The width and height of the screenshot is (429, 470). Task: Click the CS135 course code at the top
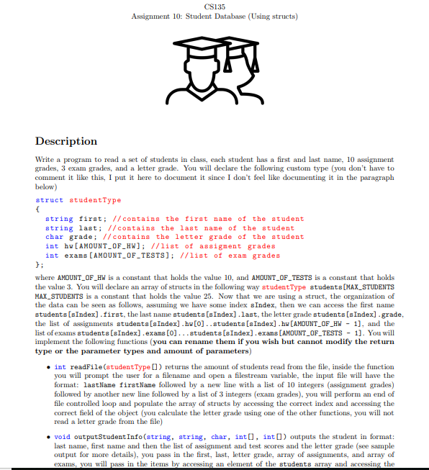click(x=214, y=6)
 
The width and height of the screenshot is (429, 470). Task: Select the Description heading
click(x=66, y=141)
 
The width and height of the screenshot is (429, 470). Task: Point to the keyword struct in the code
click(x=49, y=200)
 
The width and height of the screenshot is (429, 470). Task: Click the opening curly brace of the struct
click(x=37, y=209)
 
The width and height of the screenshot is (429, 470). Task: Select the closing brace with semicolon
click(x=40, y=264)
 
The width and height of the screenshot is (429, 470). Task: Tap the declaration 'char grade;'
click(x=71, y=237)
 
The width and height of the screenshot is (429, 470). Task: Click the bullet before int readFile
click(x=48, y=368)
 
